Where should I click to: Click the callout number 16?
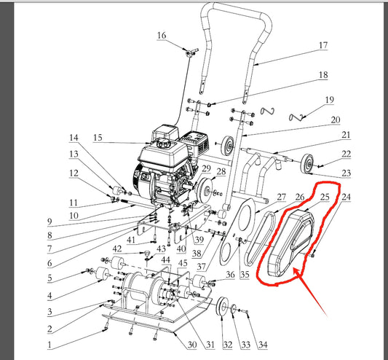coord(162,36)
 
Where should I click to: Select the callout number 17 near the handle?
coord(323,45)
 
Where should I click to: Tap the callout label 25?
coord(325,197)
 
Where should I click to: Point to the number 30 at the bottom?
coord(192,345)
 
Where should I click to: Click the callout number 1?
coord(50,345)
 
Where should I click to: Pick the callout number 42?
coord(117,249)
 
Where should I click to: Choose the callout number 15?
coord(98,138)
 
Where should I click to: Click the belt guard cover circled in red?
coord(291,243)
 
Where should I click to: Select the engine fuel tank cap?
coord(162,143)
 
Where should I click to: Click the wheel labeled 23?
coord(308,164)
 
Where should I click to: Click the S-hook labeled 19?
coord(296,117)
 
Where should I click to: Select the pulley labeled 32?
coord(222,306)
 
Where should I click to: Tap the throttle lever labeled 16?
coord(191,52)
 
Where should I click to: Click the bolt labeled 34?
coord(243,310)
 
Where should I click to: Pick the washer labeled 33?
coord(233,309)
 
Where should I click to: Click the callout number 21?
coord(346,136)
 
